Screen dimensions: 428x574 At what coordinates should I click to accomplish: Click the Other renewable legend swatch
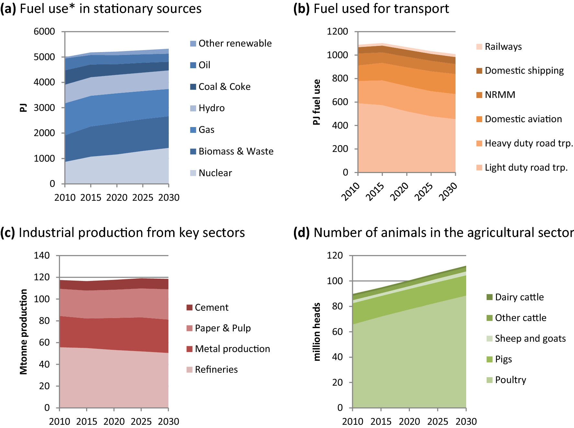(193, 44)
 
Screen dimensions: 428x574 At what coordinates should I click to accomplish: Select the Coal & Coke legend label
(224, 87)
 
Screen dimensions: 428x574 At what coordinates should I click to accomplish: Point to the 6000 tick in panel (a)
(44, 31)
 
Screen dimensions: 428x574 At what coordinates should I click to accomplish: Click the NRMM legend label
(500, 95)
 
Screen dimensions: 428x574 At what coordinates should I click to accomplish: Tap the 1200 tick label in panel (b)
(337, 31)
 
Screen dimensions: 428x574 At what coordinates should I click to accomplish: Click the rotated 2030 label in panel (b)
(448, 191)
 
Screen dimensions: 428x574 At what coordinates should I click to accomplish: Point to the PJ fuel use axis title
(317, 102)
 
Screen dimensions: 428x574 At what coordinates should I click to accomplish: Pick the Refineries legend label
(216, 369)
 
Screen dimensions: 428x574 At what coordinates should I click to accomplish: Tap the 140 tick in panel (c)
(42, 255)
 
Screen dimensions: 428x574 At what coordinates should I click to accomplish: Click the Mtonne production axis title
(24, 332)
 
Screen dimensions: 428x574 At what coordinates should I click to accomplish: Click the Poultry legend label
(511, 380)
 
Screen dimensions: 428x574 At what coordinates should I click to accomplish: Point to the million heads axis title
(317, 332)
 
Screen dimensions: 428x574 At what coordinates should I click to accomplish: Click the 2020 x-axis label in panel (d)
(409, 422)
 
